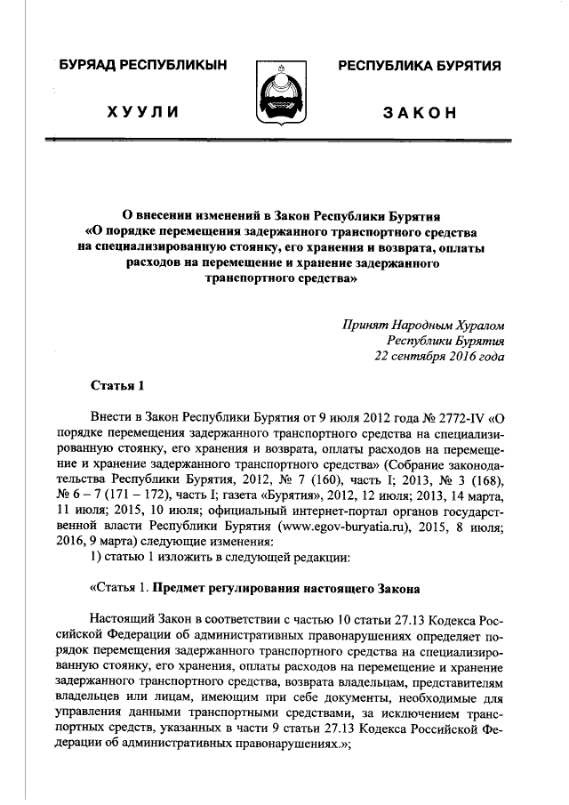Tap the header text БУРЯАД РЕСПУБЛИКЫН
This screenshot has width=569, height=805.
[x=143, y=66]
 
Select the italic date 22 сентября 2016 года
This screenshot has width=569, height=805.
[x=439, y=357]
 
